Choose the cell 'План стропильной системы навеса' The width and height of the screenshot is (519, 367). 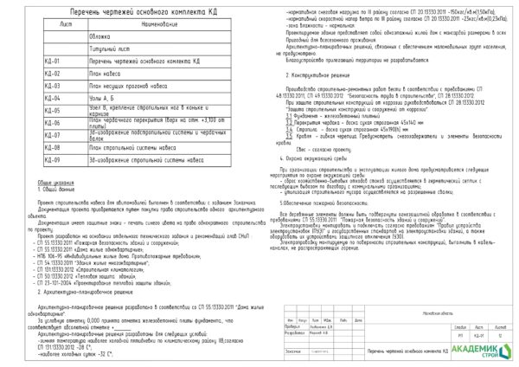[x=130, y=148]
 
